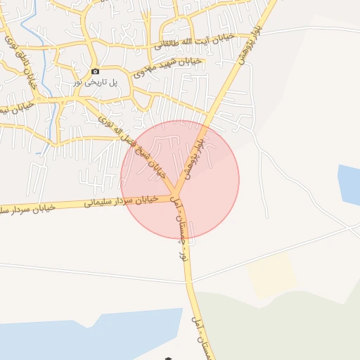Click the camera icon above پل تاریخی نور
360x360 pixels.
click(x=96, y=71)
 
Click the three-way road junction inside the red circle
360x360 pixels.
click(x=175, y=195)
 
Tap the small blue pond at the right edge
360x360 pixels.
click(x=349, y=184)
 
